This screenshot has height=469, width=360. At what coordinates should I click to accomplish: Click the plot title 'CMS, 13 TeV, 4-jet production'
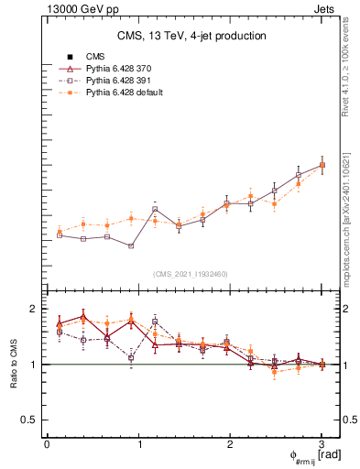[191, 36]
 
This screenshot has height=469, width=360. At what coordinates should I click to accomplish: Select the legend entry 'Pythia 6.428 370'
[124, 69]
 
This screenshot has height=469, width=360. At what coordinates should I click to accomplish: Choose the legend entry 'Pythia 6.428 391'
[124, 81]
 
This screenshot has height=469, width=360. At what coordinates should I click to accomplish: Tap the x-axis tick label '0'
[47, 444]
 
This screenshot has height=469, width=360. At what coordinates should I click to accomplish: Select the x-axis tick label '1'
[138, 444]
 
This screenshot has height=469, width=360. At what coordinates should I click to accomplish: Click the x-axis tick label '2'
[230, 444]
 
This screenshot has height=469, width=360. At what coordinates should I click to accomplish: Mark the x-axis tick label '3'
[322, 444]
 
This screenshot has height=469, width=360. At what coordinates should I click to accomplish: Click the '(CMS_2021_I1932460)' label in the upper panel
[191, 274]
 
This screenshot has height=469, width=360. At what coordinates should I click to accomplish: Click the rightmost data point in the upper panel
[322, 165]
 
